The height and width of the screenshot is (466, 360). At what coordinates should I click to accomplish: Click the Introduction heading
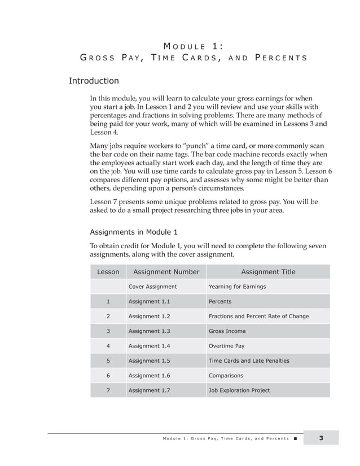pyautogui.click(x=94, y=81)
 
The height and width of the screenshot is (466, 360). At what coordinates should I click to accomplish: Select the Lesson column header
pyautogui.click(x=108, y=272)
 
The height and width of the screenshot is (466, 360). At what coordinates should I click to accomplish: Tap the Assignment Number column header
pyautogui.click(x=166, y=272)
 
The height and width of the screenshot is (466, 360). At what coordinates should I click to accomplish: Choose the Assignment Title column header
pyautogui.click(x=267, y=272)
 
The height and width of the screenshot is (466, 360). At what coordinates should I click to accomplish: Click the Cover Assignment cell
pyautogui.click(x=152, y=287)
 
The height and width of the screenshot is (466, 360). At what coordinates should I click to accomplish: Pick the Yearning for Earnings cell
pyautogui.click(x=237, y=287)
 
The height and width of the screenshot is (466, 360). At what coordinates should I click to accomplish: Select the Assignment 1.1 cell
pyautogui.click(x=149, y=302)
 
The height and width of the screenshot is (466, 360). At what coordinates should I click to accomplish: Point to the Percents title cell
pyautogui.click(x=220, y=302)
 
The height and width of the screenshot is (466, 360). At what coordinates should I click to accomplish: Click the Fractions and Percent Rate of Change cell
pyautogui.click(x=258, y=316)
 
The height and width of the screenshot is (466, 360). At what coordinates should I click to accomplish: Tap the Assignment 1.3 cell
pyautogui.click(x=149, y=331)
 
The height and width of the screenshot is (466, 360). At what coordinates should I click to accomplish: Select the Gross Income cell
pyautogui.click(x=227, y=331)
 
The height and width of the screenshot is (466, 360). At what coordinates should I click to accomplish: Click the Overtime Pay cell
pyautogui.click(x=226, y=346)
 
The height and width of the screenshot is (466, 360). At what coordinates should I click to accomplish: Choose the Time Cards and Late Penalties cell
pyautogui.click(x=249, y=361)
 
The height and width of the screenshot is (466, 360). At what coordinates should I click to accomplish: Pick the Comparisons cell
pyautogui.click(x=226, y=376)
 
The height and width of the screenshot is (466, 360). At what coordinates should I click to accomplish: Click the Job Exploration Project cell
pyautogui.click(x=239, y=390)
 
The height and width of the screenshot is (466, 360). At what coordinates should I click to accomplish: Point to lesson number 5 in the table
pyautogui.click(x=108, y=361)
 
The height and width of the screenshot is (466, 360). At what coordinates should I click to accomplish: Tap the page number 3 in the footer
pyautogui.click(x=321, y=438)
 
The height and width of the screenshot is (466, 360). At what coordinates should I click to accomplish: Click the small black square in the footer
pyautogui.click(x=295, y=438)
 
